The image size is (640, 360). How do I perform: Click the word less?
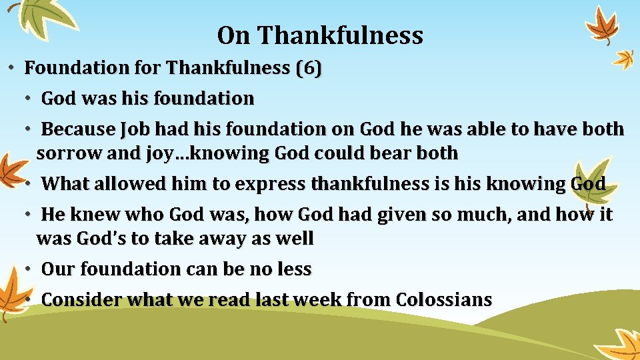(x=293, y=269)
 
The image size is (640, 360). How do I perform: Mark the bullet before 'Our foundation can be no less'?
(x=29, y=269)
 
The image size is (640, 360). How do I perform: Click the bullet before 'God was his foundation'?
(x=29, y=99)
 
